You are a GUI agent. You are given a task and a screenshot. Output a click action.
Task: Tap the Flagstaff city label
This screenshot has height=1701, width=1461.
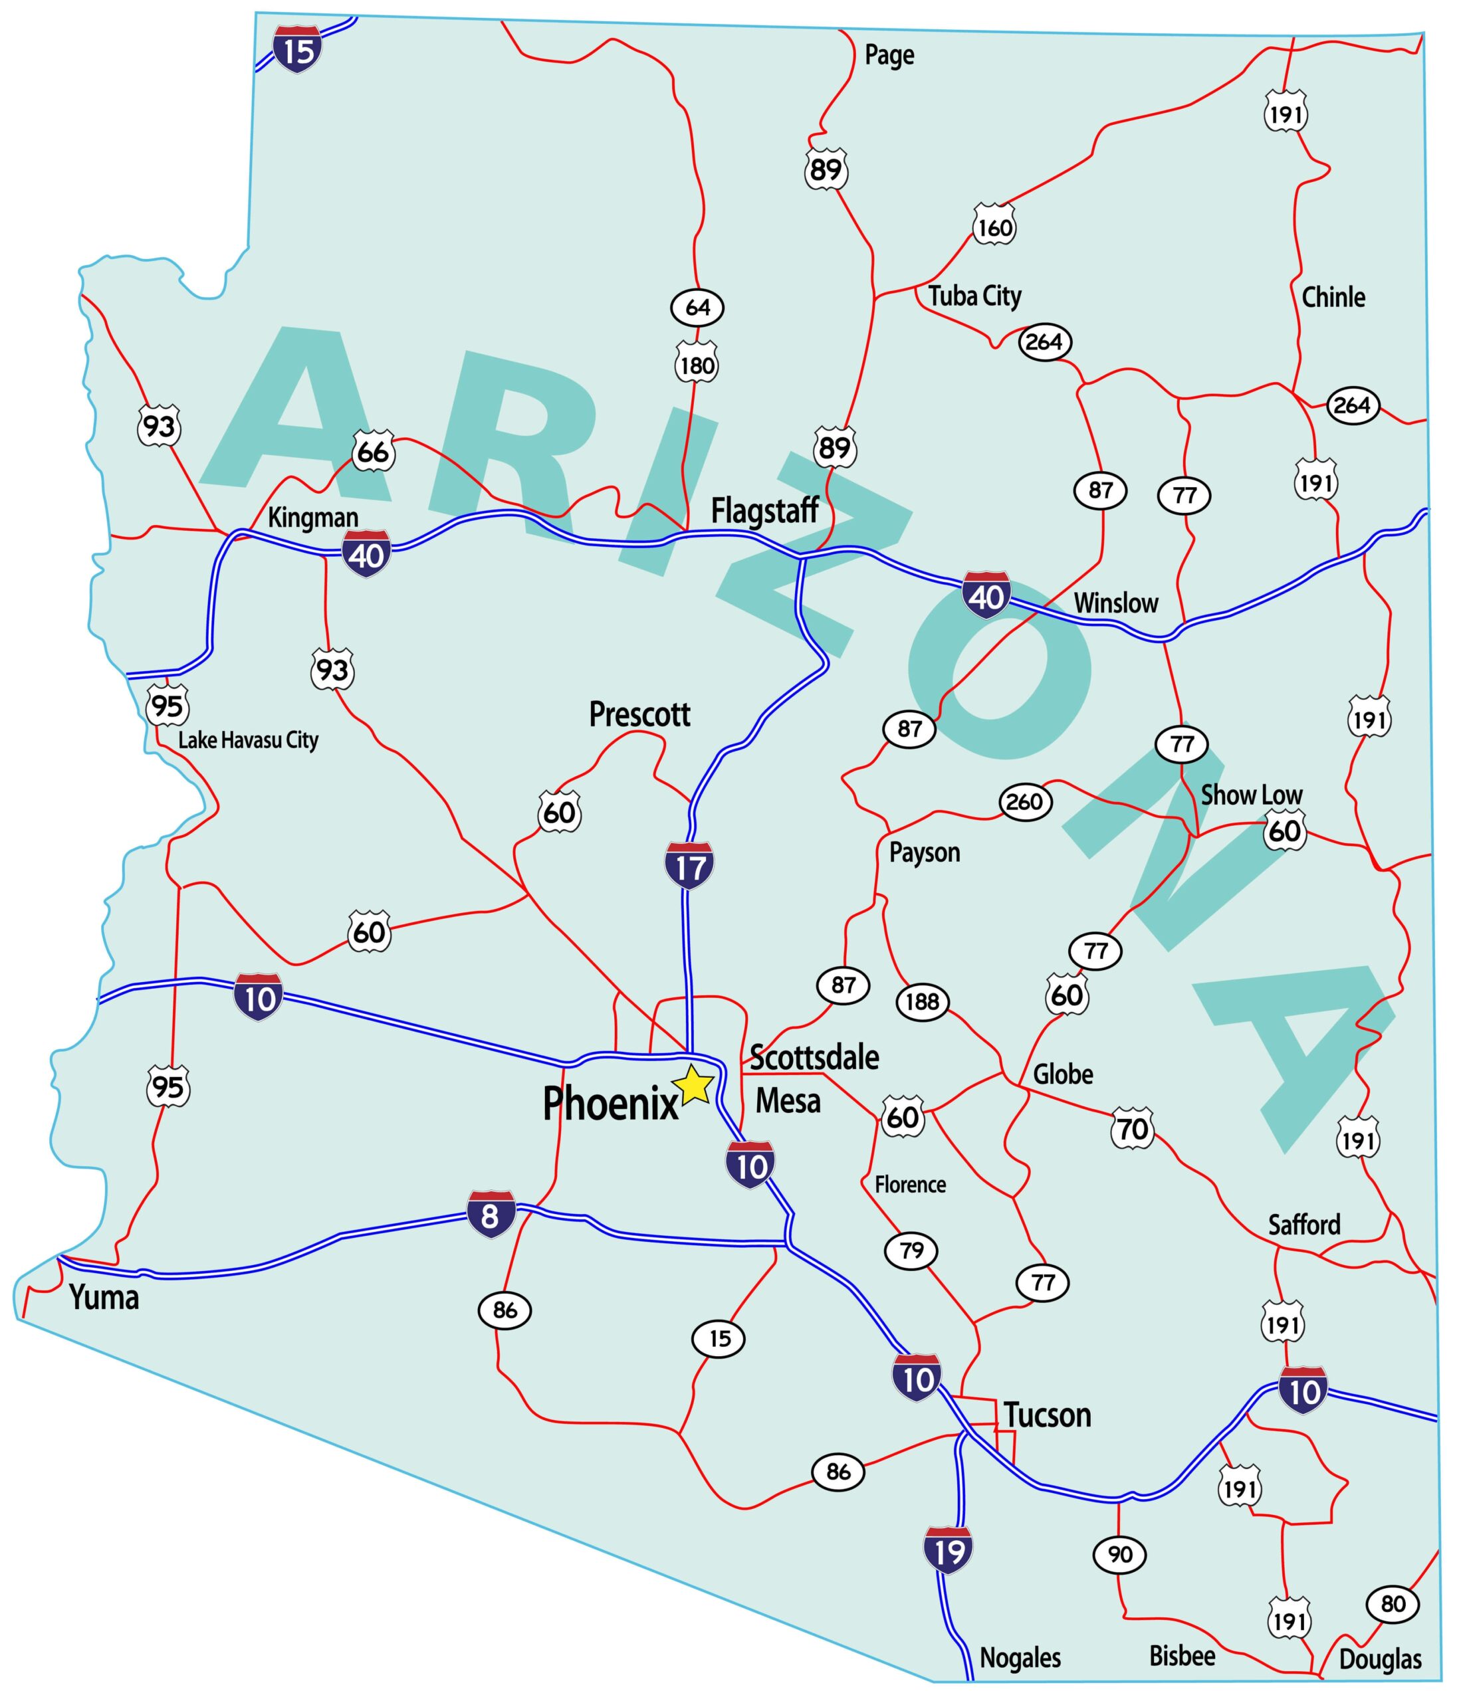(x=764, y=510)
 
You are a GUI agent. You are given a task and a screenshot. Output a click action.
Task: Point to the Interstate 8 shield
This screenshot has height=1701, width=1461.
(x=491, y=1214)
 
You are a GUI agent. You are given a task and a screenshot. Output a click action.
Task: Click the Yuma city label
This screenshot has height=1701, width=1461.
(x=104, y=1297)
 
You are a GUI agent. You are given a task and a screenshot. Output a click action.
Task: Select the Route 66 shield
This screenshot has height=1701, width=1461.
(x=373, y=452)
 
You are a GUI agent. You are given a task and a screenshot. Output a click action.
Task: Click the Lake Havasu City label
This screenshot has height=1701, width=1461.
(x=248, y=740)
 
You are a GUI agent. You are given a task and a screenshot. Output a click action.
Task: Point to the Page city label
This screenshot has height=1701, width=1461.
(x=889, y=55)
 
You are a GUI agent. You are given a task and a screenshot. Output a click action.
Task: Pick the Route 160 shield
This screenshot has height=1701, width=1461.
(x=994, y=227)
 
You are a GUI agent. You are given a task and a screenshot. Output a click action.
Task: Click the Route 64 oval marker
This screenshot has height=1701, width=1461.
(x=697, y=307)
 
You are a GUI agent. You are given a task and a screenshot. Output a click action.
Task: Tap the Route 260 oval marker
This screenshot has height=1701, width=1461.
(x=1025, y=801)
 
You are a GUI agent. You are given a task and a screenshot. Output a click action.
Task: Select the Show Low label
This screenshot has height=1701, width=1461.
(x=1252, y=795)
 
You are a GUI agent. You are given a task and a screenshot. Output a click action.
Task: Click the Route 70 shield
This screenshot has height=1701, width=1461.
(x=1133, y=1129)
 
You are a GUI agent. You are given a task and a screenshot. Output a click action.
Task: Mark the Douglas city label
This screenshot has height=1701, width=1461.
(x=1380, y=1659)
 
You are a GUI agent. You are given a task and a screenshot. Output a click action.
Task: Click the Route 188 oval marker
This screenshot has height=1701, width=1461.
(x=922, y=1001)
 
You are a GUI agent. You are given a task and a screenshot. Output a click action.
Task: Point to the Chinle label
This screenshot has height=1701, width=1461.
(x=1333, y=296)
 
